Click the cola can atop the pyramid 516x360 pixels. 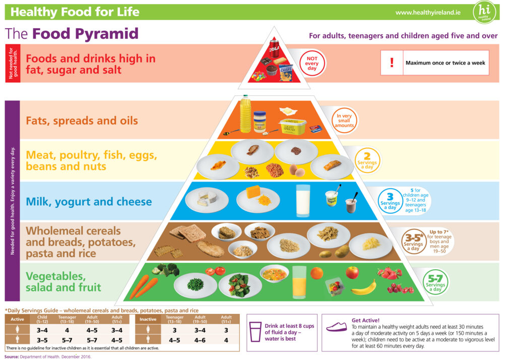coord(274,48)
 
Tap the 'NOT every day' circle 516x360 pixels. coord(312,63)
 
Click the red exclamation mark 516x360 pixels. coord(392,62)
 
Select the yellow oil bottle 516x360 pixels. coord(245,114)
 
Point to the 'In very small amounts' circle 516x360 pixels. coord(344,121)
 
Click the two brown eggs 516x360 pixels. coord(297,170)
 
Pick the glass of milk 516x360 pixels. coord(303,201)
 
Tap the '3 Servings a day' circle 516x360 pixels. coord(390,201)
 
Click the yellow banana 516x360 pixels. coord(364,288)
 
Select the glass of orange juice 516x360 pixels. coord(299,282)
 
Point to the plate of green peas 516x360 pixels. coord(195,284)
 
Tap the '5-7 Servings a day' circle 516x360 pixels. coord(435,282)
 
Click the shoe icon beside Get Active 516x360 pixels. coord(336,326)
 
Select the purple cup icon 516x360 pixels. coord(255,332)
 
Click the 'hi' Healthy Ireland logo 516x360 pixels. coord(484,12)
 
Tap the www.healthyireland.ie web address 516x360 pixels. coord(428,13)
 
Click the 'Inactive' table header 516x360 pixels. coord(148,319)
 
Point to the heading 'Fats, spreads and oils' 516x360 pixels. coord(82,121)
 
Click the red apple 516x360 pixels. coord(352,272)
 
